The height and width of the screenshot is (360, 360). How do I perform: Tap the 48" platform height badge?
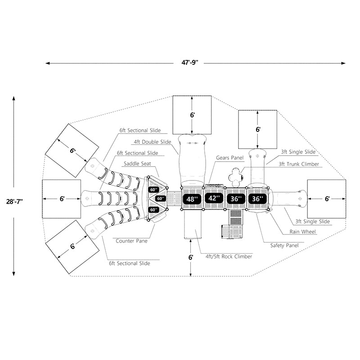pos(193,198)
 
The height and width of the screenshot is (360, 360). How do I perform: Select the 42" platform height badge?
pos(214,198)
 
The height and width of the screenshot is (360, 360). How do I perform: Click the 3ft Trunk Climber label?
pos(299,164)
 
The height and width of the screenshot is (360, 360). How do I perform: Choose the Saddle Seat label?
pos(137,164)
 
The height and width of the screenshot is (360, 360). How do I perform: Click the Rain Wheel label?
pos(304,232)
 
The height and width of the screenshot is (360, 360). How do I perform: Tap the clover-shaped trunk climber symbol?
pos(235,176)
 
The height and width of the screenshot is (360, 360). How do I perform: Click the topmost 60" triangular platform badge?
pos(154,189)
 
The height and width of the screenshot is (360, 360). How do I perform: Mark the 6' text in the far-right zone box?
pos(327,198)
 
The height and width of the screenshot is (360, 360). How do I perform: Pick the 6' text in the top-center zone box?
pos(193,115)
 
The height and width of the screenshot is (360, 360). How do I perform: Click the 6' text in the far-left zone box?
pos(62,198)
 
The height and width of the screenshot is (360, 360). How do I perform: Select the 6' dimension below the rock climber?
pos(191,258)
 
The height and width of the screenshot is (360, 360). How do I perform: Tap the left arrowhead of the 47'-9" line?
pos(47,63)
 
